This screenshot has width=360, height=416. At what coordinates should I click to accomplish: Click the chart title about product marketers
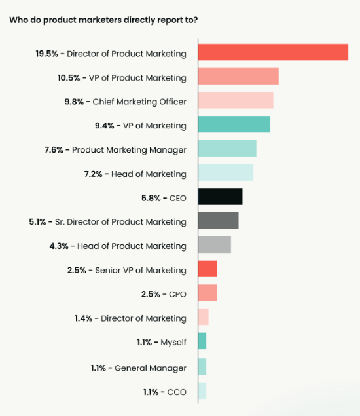click(103, 19)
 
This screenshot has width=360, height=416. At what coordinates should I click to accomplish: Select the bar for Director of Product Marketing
click(272, 52)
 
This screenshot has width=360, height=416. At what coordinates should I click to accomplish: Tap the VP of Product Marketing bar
click(238, 77)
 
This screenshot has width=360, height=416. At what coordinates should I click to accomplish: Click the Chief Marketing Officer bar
click(235, 101)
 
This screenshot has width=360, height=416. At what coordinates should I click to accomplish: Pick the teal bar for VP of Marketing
click(234, 124)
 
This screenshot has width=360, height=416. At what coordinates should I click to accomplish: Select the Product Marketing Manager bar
click(226, 149)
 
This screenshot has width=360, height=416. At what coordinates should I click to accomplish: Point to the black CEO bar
click(220, 197)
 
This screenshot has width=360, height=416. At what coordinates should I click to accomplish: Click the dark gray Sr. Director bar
click(218, 221)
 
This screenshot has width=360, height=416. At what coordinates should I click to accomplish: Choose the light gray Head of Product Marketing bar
click(214, 245)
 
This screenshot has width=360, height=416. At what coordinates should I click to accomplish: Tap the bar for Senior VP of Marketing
click(207, 269)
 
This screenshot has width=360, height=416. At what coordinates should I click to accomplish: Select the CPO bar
click(207, 293)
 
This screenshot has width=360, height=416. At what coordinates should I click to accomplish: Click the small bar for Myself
click(202, 341)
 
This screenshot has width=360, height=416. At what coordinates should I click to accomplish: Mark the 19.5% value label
click(48, 54)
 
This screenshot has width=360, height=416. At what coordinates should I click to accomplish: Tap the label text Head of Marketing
click(149, 174)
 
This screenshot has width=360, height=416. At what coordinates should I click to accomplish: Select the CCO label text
click(176, 392)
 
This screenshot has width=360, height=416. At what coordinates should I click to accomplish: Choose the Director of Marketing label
click(143, 318)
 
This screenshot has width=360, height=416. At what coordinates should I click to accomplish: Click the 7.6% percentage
click(54, 150)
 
